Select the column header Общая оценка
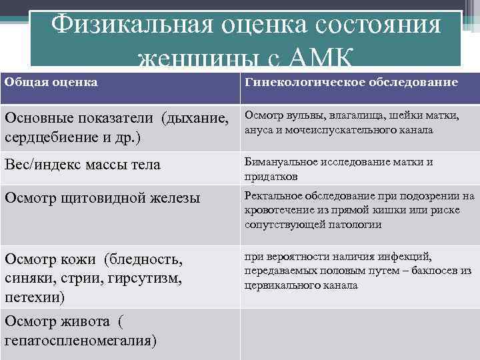click(x=51, y=82)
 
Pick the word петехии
click(x=32, y=296)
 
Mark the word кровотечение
click(x=275, y=211)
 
